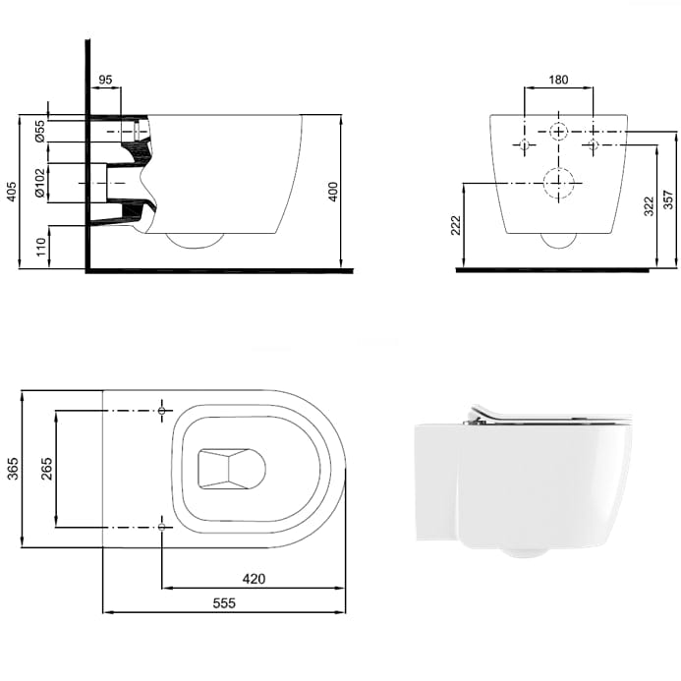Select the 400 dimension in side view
click(333, 192)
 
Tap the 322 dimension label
click(649, 206)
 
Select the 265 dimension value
click(47, 467)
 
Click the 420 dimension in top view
click(254, 579)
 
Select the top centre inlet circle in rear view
click(558, 132)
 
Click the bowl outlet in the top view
click(232, 468)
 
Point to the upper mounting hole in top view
click(162, 408)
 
